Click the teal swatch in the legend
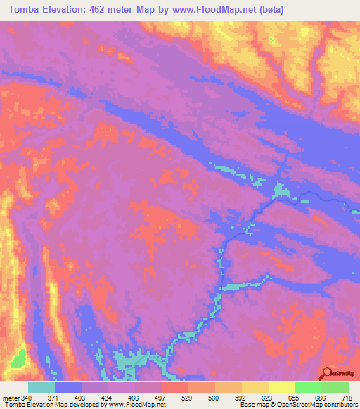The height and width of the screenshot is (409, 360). click(41, 387)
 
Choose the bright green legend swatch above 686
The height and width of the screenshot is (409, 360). click(308, 387)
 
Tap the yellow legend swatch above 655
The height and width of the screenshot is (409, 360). click(281, 387)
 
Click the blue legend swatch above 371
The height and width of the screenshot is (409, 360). click(68, 387)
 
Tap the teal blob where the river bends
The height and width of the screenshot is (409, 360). click(281, 190)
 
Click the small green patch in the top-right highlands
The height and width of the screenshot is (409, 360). click(273, 37)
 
